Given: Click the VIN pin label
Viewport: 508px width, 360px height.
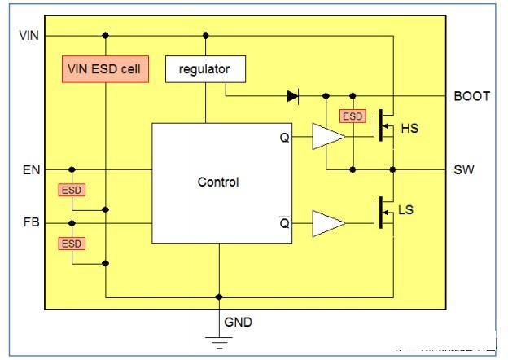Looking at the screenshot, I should (28, 36).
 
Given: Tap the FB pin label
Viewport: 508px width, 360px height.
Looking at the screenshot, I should (28, 222).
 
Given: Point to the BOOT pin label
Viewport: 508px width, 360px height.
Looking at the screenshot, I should (471, 96).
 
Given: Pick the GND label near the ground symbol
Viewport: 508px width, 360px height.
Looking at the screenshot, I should (239, 323).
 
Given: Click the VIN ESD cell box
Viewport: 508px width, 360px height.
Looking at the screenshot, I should (105, 70).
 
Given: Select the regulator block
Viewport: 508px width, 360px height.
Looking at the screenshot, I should (205, 69).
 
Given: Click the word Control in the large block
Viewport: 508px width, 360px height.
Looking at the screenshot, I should (218, 182).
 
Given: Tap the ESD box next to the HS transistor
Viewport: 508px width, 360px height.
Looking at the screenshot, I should (353, 117).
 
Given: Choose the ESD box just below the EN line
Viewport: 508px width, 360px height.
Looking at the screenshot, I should (72, 191).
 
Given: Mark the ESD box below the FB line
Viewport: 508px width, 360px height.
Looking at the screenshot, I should (72, 244).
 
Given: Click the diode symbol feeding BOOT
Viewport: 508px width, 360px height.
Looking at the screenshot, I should (293, 96).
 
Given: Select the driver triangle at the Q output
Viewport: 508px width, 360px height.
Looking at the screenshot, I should (327, 138).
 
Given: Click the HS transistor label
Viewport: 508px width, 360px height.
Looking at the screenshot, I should (409, 129).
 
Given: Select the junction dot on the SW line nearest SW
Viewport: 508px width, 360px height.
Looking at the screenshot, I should (393, 169).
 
